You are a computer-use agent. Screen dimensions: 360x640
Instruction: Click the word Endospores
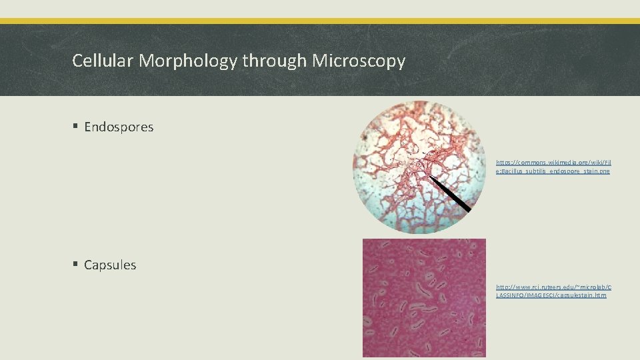click(x=119, y=127)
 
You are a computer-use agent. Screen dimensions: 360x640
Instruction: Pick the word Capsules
click(x=110, y=265)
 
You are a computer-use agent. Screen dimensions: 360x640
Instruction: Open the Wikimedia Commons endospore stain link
click(x=553, y=167)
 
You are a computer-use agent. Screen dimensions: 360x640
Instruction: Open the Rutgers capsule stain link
click(x=553, y=291)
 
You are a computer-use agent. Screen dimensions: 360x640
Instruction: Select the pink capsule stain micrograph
click(x=424, y=298)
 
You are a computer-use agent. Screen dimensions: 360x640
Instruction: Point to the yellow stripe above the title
click(x=320, y=21)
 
